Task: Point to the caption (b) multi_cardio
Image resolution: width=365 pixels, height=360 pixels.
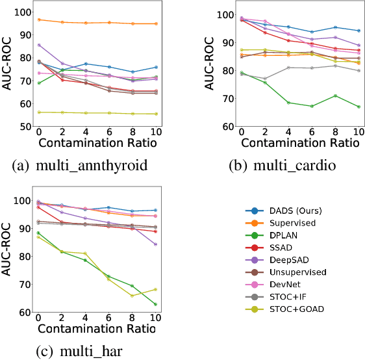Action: (x=274, y=166)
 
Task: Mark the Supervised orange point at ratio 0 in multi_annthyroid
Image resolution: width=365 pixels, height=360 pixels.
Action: (x=39, y=19)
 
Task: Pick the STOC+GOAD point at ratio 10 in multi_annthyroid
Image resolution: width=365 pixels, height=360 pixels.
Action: (x=156, y=114)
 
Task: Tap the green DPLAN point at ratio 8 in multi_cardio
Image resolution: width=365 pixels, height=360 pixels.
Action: (x=335, y=96)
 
